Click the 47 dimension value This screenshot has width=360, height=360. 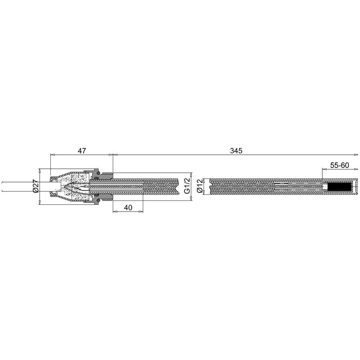click(82, 151)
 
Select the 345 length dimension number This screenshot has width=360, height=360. click(236, 151)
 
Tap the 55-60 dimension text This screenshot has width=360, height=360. click(339, 165)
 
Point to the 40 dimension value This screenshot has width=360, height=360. click(128, 208)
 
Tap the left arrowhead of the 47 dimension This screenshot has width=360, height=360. click(52, 155)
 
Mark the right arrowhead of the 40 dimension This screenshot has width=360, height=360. click(140, 212)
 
